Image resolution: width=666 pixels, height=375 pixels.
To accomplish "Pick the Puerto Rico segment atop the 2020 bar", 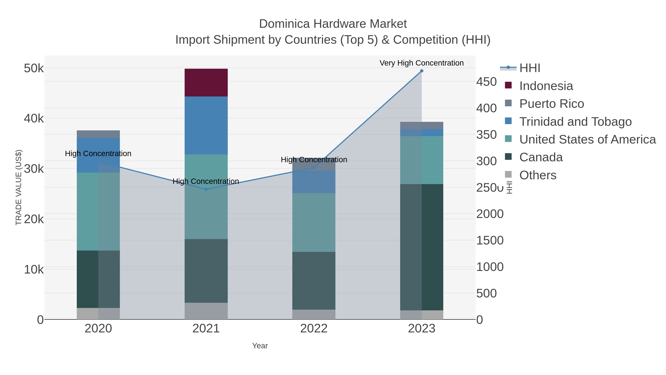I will pos(98,134).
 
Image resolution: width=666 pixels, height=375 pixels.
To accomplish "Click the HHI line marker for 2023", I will pos(421,71).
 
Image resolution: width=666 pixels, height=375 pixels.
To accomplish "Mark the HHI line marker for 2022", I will pos(314,168).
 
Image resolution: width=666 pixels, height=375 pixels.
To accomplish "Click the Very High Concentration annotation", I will pos(421,63).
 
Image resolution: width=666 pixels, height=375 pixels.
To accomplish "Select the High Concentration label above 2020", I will pos(98,154).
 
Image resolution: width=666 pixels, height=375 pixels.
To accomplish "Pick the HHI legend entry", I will pos(529,68).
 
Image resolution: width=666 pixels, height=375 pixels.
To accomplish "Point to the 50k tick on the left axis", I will pos(34,68).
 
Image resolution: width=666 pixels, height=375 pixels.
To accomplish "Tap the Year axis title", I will pos(260,346).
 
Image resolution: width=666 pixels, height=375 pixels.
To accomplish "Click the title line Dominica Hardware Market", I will pos(333,24).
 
